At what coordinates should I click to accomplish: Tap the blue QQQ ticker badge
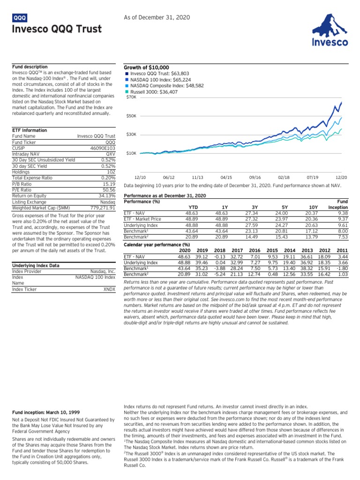(x=20, y=18)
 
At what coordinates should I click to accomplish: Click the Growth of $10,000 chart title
(x=146, y=67)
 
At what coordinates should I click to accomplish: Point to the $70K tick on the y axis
(x=131, y=97)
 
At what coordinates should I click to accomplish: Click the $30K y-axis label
(x=131, y=135)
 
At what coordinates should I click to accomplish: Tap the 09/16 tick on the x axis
(x=255, y=177)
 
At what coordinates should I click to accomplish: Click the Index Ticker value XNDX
(x=109, y=290)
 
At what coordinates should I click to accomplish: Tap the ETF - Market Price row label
(x=142, y=218)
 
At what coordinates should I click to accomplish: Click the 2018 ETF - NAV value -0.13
(x=219, y=257)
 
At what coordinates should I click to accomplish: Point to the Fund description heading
(x=30, y=67)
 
